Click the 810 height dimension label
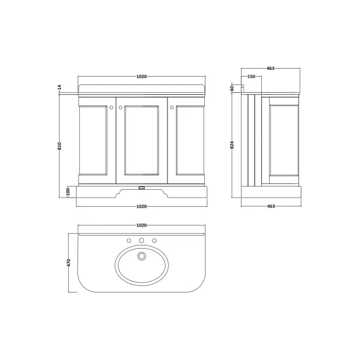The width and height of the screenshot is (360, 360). point(60,146)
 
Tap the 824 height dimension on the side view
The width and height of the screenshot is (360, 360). point(232,145)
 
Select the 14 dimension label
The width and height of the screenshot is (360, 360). point(60,87)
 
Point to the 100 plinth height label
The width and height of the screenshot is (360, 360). point(67,192)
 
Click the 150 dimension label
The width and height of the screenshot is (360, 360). point(251,77)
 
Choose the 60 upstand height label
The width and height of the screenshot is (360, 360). point(232,88)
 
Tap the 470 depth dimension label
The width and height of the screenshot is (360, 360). point(69,262)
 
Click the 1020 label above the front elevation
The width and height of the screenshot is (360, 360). point(141,77)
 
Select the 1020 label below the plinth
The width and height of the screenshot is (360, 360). point(141,206)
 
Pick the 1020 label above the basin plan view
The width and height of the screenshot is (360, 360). point(141,225)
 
